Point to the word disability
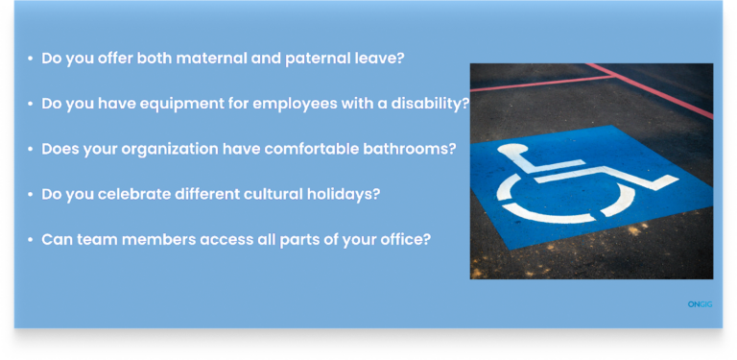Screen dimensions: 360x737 pyautogui.click(x=431, y=104)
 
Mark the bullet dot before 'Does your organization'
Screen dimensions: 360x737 pyautogui.click(x=30, y=151)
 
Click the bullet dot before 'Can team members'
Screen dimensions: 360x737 pyautogui.click(x=30, y=240)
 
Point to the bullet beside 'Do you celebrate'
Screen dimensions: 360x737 pyautogui.click(x=30, y=195)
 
